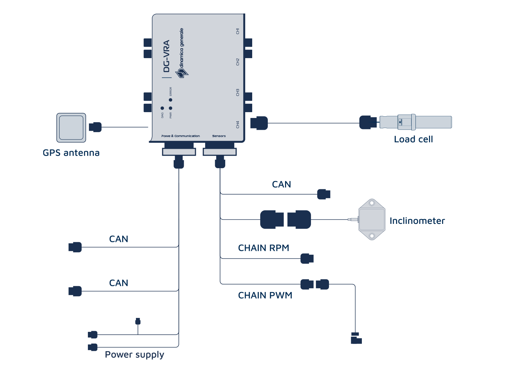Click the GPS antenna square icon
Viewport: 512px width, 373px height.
click(71, 128)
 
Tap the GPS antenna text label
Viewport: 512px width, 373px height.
click(71, 153)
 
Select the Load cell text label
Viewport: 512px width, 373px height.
click(413, 139)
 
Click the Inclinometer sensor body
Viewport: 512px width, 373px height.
click(372, 219)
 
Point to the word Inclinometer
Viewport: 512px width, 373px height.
click(417, 221)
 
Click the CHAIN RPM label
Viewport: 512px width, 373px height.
click(264, 248)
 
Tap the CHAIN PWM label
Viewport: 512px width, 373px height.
click(265, 295)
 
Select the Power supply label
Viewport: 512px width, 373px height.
click(135, 355)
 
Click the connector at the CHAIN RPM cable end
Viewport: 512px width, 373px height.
click(307, 258)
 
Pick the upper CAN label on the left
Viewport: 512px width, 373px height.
click(119, 239)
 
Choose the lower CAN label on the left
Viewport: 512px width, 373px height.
click(119, 283)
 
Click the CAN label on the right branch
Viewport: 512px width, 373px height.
click(281, 184)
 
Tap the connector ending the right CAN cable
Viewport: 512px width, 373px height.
click(324, 194)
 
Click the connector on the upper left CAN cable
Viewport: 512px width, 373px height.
click(75, 247)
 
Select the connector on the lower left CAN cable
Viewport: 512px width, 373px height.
click(75, 291)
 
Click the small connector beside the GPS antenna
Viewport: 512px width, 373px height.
click(95, 127)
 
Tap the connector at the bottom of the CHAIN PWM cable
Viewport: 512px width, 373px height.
click(356, 338)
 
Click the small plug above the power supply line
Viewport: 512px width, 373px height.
click(138, 321)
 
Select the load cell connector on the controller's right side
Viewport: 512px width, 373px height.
click(259, 123)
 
